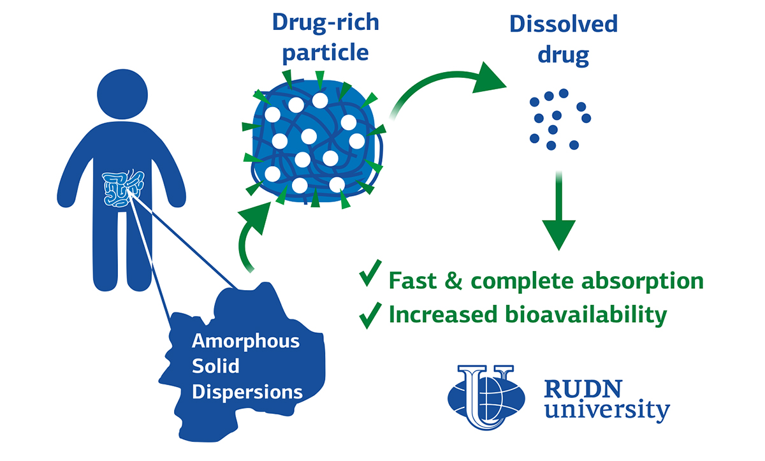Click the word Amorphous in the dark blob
[x=245, y=340]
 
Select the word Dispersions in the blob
[x=247, y=391]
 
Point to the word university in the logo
[x=606, y=411]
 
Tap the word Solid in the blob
[x=215, y=366]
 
